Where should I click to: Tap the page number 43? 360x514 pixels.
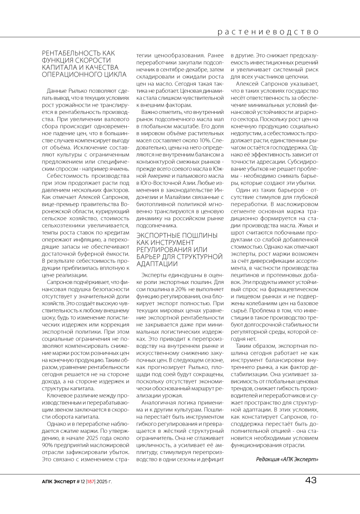(311, 480)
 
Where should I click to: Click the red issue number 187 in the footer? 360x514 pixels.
(91, 481)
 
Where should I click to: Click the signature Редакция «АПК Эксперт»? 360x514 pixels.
(287, 459)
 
